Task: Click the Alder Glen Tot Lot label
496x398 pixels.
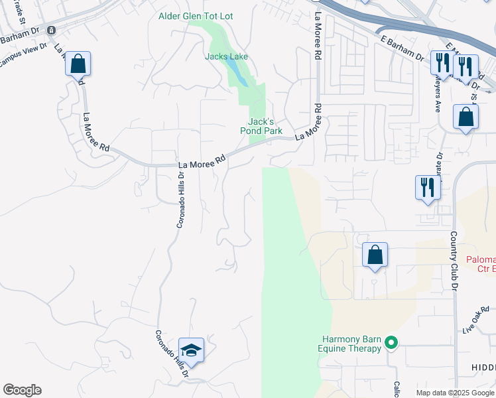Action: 196,16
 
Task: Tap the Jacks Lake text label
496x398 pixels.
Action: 226,56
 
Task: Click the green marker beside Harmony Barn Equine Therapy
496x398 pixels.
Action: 391,343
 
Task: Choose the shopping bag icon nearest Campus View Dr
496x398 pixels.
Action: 78,64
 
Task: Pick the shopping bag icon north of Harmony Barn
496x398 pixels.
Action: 375,255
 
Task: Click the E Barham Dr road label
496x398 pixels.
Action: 402,48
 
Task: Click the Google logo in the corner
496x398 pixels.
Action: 22,390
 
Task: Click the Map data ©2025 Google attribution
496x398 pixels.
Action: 455,393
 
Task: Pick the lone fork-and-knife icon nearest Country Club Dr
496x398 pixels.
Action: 428,186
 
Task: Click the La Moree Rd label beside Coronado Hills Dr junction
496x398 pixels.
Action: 202,161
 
